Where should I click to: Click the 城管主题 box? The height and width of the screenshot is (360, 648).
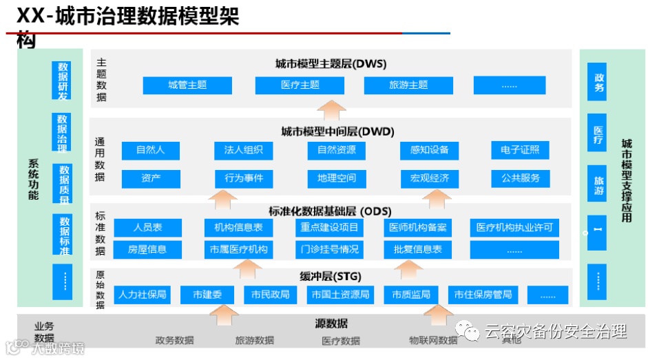[x=187, y=85]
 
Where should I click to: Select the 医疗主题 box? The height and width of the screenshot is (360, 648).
[x=300, y=85]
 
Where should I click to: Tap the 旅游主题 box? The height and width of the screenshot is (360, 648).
[x=408, y=85]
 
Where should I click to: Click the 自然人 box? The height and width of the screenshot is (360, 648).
[x=150, y=150]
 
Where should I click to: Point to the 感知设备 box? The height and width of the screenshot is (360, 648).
[x=429, y=150]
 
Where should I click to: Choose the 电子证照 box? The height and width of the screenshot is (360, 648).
[x=520, y=150]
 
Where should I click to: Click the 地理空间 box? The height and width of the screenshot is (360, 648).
[x=337, y=179]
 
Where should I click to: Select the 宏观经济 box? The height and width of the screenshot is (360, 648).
[x=429, y=179]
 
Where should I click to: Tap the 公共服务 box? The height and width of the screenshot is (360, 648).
[x=520, y=179]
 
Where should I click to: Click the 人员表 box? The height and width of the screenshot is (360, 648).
[x=147, y=228]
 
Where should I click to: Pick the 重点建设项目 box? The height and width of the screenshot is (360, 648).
[x=329, y=228]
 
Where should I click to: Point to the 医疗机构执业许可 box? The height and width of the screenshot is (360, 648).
[x=514, y=228]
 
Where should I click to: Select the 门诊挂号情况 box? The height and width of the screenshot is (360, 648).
[x=329, y=249]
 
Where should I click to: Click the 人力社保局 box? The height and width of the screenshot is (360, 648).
[x=142, y=295]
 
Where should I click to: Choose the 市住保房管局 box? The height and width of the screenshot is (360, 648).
[x=483, y=295]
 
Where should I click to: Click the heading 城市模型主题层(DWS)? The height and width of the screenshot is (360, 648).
[x=331, y=64]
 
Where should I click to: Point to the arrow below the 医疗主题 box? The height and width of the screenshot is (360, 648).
[x=333, y=109]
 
